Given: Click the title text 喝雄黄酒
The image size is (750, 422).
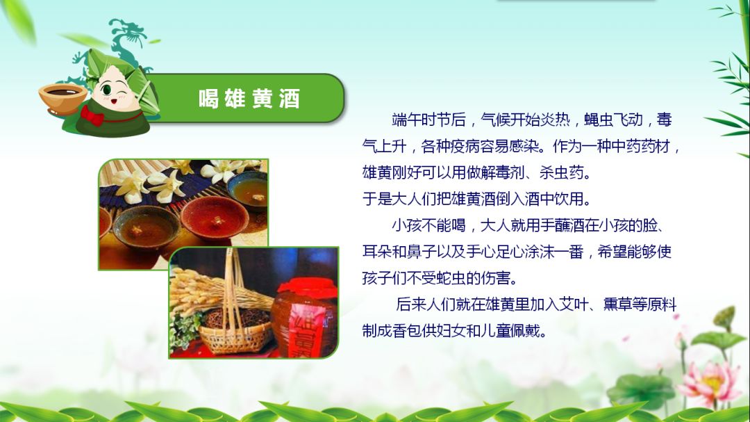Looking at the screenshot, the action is click(x=249, y=99).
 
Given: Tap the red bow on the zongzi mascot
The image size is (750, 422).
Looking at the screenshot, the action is click(x=92, y=115).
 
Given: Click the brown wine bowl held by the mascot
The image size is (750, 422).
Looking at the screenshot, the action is click(x=62, y=97).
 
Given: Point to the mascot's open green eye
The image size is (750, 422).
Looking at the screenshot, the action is click(x=106, y=90).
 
